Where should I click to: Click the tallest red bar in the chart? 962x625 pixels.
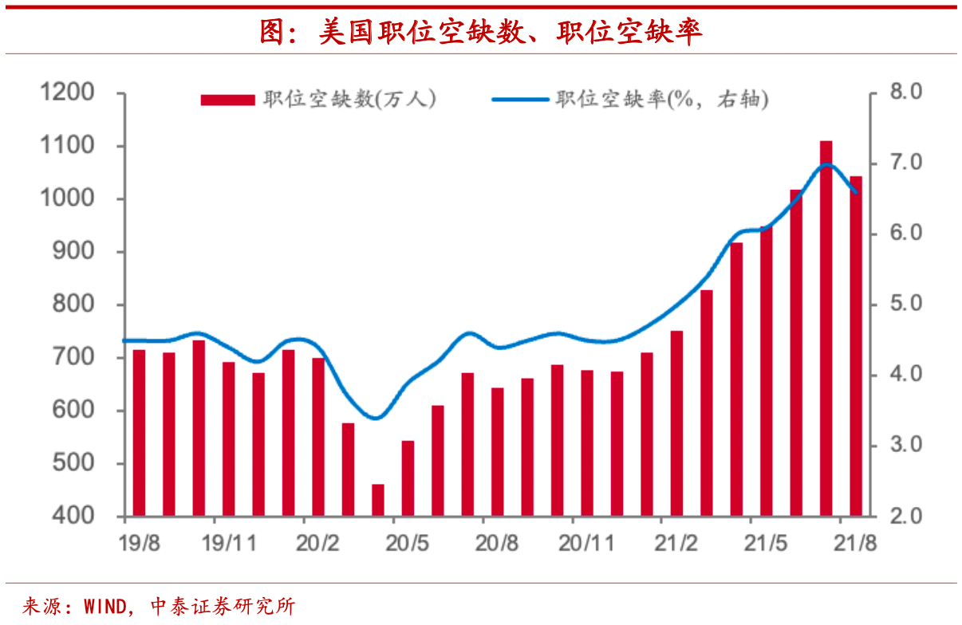826,328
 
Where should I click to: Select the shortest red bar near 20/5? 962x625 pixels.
378,500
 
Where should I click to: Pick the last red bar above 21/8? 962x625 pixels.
855,346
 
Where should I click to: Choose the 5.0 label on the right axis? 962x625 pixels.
905,305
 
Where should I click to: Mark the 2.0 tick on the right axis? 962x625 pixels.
905,517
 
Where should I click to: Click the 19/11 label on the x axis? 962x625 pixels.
229,544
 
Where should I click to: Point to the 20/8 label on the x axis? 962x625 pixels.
497,544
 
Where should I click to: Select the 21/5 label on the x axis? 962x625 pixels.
766,544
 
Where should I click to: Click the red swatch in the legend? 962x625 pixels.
227,100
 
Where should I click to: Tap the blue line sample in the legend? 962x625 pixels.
520,100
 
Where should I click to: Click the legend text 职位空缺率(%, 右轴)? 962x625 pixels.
662,100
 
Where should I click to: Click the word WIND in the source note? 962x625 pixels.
104,606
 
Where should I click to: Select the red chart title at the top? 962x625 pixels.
481,31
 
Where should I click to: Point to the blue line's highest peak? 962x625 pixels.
827,164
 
